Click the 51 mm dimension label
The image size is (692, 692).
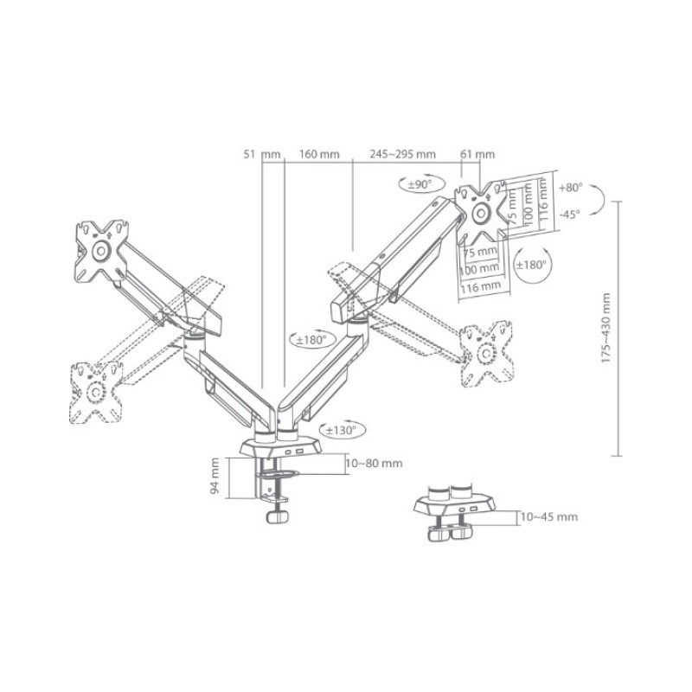click(262, 155)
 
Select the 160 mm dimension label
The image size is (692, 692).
click(319, 155)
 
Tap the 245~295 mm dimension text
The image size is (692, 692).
click(402, 154)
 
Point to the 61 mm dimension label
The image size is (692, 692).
click(477, 155)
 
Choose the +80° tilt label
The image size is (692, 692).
click(570, 188)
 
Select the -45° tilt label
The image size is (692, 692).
click(570, 215)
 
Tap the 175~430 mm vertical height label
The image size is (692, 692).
click(606, 328)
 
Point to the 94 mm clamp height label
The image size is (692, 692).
click(215, 475)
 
